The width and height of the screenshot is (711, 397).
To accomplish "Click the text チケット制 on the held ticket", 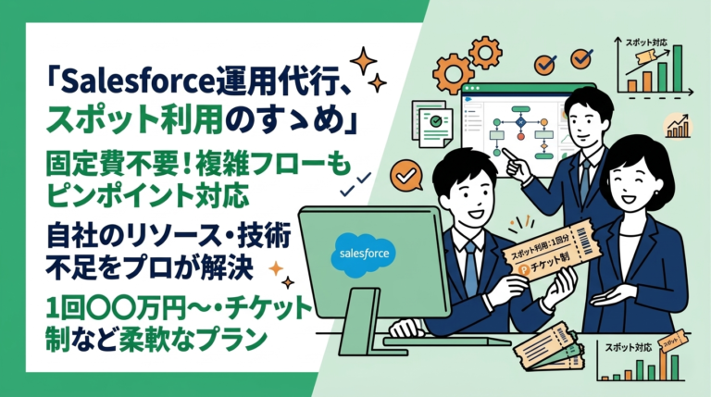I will [551, 269].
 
